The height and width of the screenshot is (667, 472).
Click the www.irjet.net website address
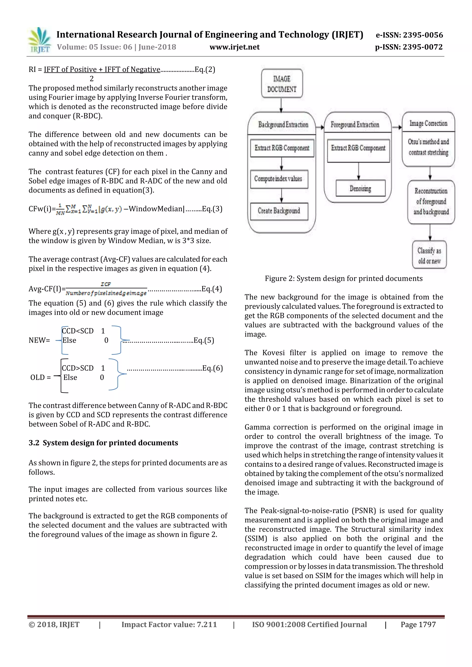(234, 47)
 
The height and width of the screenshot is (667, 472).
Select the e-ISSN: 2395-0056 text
(409, 35)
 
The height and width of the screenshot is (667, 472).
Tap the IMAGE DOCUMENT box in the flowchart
(282, 84)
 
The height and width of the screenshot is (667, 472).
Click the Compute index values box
(279, 179)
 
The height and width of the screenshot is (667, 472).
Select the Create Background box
(279, 211)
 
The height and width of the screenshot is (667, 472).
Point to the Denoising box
(360, 189)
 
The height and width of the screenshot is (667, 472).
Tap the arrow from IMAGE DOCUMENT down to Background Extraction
(281, 105)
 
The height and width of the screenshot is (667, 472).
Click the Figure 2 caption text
(343, 279)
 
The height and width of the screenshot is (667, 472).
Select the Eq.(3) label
(212, 209)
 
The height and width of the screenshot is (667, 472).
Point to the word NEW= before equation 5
(39, 340)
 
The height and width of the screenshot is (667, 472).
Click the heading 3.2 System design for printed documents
(103, 443)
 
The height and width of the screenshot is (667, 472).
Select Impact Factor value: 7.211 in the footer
(169, 625)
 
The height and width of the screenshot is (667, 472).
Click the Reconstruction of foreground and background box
(431, 202)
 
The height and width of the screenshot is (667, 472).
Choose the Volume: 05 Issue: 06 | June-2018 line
(116, 47)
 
